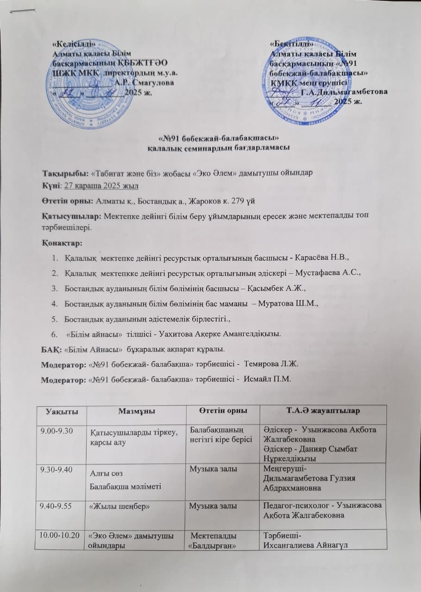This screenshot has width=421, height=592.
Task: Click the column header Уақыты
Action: [60, 411]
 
